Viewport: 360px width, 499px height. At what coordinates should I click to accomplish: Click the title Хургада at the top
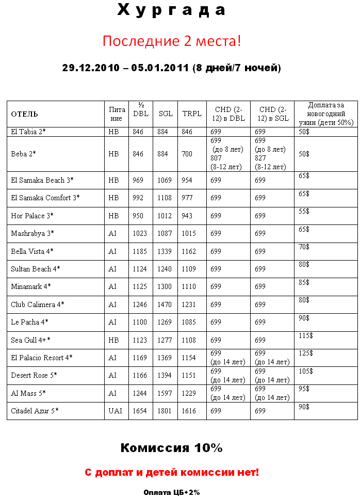click(x=171, y=10)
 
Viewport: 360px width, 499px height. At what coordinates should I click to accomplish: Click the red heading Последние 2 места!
click(x=171, y=41)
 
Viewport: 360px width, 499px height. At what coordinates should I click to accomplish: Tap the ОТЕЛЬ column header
click(x=25, y=114)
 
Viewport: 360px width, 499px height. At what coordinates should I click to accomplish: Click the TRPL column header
click(x=192, y=114)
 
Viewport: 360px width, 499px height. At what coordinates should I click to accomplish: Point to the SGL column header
click(x=166, y=114)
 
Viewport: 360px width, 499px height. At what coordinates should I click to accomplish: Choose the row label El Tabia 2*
click(x=28, y=132)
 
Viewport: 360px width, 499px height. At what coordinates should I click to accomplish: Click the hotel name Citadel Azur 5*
click(x=35, y=411)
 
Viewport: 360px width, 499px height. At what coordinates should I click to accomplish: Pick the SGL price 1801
click(x=165, y=411)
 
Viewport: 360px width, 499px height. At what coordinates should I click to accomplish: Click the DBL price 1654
click(x=140, y=411)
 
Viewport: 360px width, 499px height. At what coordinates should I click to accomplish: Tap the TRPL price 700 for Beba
click(x=187, y=154)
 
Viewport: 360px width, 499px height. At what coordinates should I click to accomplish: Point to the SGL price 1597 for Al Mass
click(x=165, y=393)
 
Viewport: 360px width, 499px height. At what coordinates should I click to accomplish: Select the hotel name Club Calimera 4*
click(x=38, y=304)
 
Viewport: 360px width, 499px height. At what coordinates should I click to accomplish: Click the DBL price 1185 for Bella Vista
click(x=140, y=251)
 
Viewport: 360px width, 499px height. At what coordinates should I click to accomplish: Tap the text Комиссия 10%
click(x=171, y=448)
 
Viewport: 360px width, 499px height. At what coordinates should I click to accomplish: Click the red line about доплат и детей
click(x=171, y=472)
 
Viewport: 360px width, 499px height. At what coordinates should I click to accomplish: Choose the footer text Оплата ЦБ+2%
click(x=171, y=493)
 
